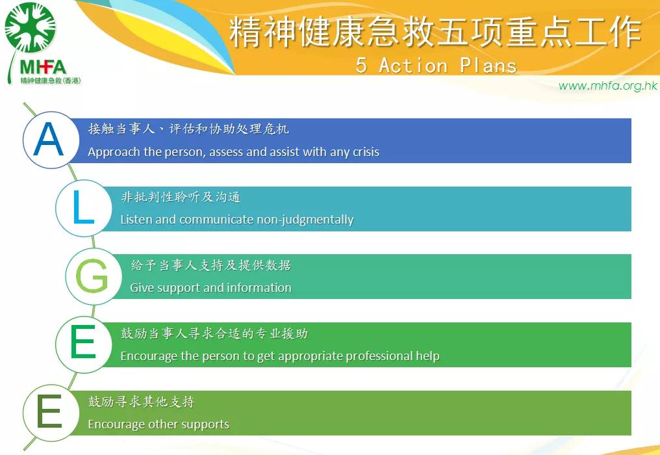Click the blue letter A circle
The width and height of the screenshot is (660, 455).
coord(51,140)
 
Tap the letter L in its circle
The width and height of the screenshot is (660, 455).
coord(83,207)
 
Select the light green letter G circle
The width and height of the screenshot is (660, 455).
coord(94,276)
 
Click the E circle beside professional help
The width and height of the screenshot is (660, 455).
coord(83,344)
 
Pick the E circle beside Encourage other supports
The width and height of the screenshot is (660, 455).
coord(51,413)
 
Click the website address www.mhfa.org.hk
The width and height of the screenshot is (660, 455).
coord(607,86)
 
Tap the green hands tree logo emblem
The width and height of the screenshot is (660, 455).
coord(30,27)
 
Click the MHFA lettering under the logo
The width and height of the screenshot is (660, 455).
coord(43,67)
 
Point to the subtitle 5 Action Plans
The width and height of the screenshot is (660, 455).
coord(436,65)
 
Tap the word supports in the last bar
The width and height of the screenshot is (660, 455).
coord(205,424)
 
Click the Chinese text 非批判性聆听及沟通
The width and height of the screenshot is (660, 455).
coord(181,197)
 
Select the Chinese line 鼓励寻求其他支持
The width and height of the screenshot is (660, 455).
coord(142,402)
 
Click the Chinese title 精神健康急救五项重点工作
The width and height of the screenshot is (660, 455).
coord(435,32)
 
